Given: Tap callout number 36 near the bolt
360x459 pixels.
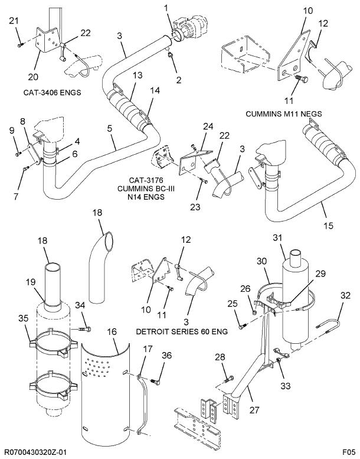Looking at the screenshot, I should coord(167,356).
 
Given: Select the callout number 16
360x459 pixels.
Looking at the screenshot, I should coord(112,333).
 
